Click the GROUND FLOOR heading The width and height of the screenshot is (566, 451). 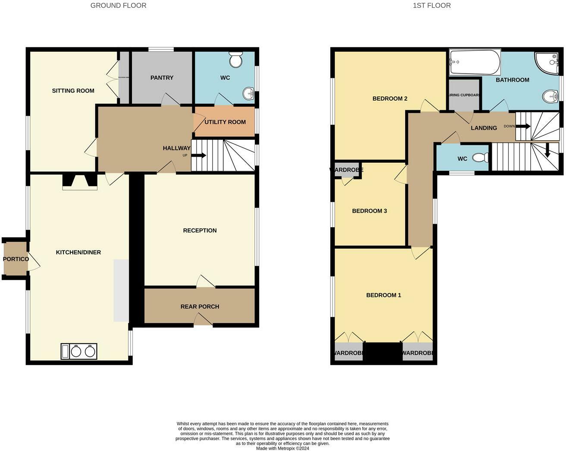click(x=118, y=6)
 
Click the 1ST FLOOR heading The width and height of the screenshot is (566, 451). click(x=432, y=6)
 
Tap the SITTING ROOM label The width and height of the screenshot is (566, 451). click(x=73, y=91)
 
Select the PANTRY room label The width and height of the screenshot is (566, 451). click(x=162, y=78)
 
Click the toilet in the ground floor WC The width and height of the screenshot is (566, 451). click(x=236, y=60)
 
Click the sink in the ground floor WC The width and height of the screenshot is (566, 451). click(x=248, y=93)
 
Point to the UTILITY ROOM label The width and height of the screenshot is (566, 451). click(x=225, y=122)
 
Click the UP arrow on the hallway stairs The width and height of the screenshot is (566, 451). click(x=199, y=155)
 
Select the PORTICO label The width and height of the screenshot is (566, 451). click(x=16, y=259)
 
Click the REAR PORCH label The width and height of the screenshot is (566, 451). click(x=200, y=307)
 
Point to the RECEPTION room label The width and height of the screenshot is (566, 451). click(x=200, y=231)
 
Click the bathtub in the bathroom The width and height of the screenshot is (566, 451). click(x=475, y=62)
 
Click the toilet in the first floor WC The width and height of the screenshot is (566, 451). click(x=480, y=158)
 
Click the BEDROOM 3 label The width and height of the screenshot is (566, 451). click(x=369, y=211)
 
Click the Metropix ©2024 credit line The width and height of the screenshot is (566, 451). click(x=282, y=448)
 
